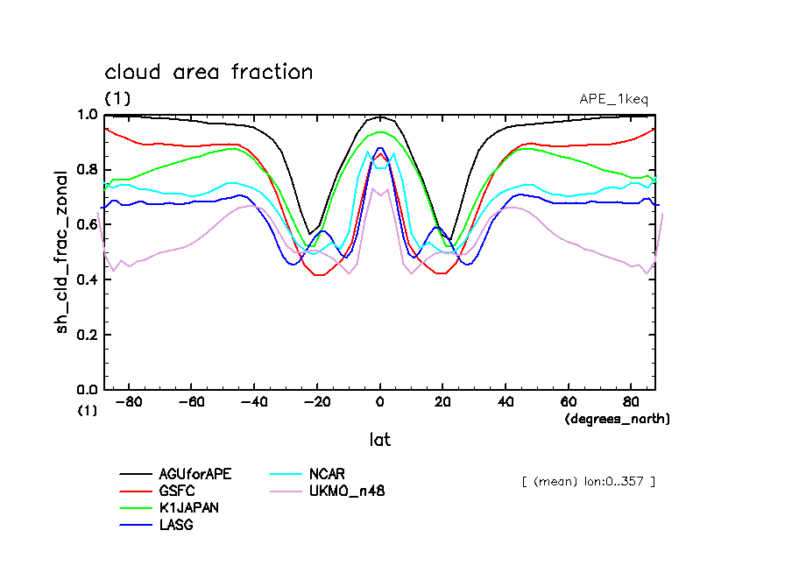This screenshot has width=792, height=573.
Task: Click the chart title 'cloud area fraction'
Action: (209, 72)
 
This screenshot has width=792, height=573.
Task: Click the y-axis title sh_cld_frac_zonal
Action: (64, 251)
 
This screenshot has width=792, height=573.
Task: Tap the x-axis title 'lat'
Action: (379, 439)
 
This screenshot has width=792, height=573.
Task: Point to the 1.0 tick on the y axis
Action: (88, 115)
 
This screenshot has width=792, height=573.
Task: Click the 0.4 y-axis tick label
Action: (88, 279)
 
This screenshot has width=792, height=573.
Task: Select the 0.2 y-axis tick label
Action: (88, 335)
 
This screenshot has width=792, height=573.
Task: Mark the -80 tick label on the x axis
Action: (129, 403)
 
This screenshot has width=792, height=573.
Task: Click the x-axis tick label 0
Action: (379, 403)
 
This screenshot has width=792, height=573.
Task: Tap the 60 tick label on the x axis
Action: (568, 403)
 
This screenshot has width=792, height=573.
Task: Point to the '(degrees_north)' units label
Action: (617, 420)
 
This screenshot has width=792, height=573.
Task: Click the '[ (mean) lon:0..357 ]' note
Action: (588, 481)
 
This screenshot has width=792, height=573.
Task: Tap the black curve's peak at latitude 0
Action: (379, 117)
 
